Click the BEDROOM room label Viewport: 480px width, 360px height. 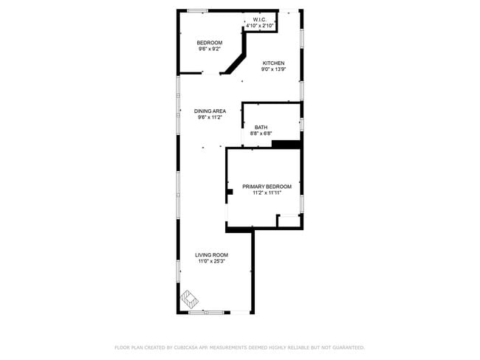pos(209,43)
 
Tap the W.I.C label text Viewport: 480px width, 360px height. pos(260,19)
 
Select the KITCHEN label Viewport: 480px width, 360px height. pos(273,63)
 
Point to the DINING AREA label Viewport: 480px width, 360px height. pos(210,111)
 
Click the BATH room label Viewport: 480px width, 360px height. pos(261,127)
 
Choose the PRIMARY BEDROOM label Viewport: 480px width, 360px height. pos(267,186)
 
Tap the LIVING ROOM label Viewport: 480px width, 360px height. pos(211,255)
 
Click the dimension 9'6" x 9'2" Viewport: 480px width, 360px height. pos(209,49)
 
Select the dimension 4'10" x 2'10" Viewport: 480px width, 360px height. pos(260,26)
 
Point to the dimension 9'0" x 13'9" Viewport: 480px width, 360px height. pos(273,70)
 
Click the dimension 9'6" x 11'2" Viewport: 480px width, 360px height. pos(210,117)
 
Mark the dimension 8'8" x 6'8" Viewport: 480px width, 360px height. pos(261,134)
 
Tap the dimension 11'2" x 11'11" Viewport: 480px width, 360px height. pos(267,193)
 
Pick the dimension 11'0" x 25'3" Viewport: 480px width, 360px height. pos(211,262)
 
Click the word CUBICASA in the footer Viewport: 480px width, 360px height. pos(191,347)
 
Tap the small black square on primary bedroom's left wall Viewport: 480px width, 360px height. pos(230,192)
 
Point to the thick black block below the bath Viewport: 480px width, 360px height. pos(286,144)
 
